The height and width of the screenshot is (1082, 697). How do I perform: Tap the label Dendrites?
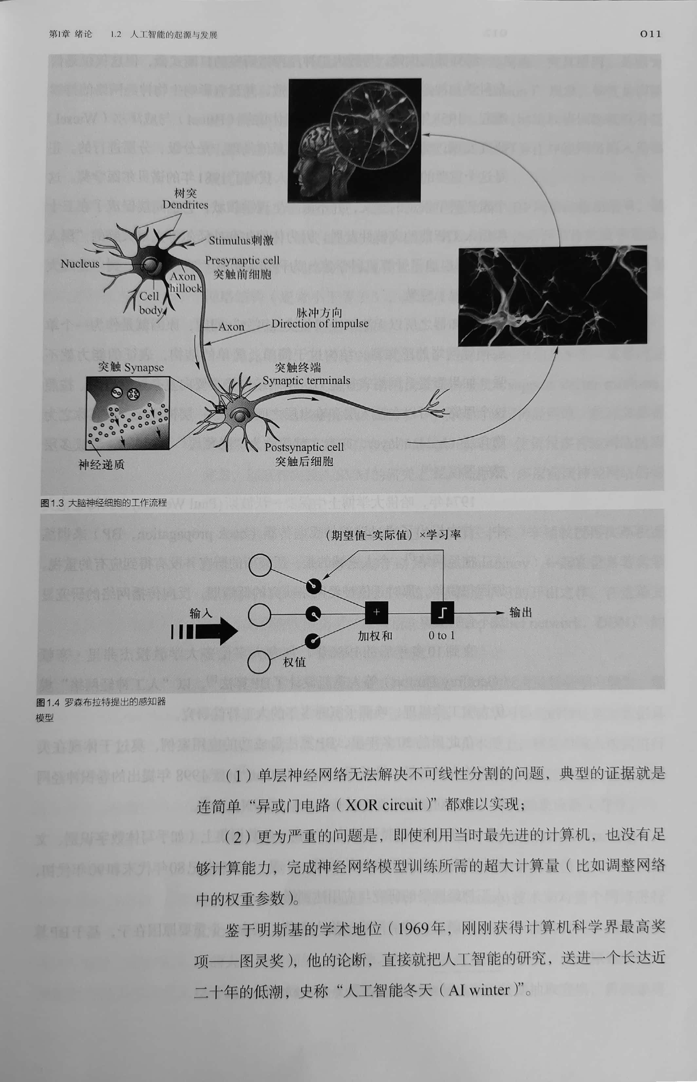[185, 205]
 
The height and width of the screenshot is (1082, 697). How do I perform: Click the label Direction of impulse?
[320, 324]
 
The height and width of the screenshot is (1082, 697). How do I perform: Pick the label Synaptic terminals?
[306, 380]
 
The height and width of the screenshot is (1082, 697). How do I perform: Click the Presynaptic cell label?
[242, 261]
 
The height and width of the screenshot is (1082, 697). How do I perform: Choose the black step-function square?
[442, 613]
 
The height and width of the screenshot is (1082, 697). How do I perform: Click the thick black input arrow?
[205, 631]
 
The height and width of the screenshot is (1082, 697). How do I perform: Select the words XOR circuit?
[383, 805]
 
